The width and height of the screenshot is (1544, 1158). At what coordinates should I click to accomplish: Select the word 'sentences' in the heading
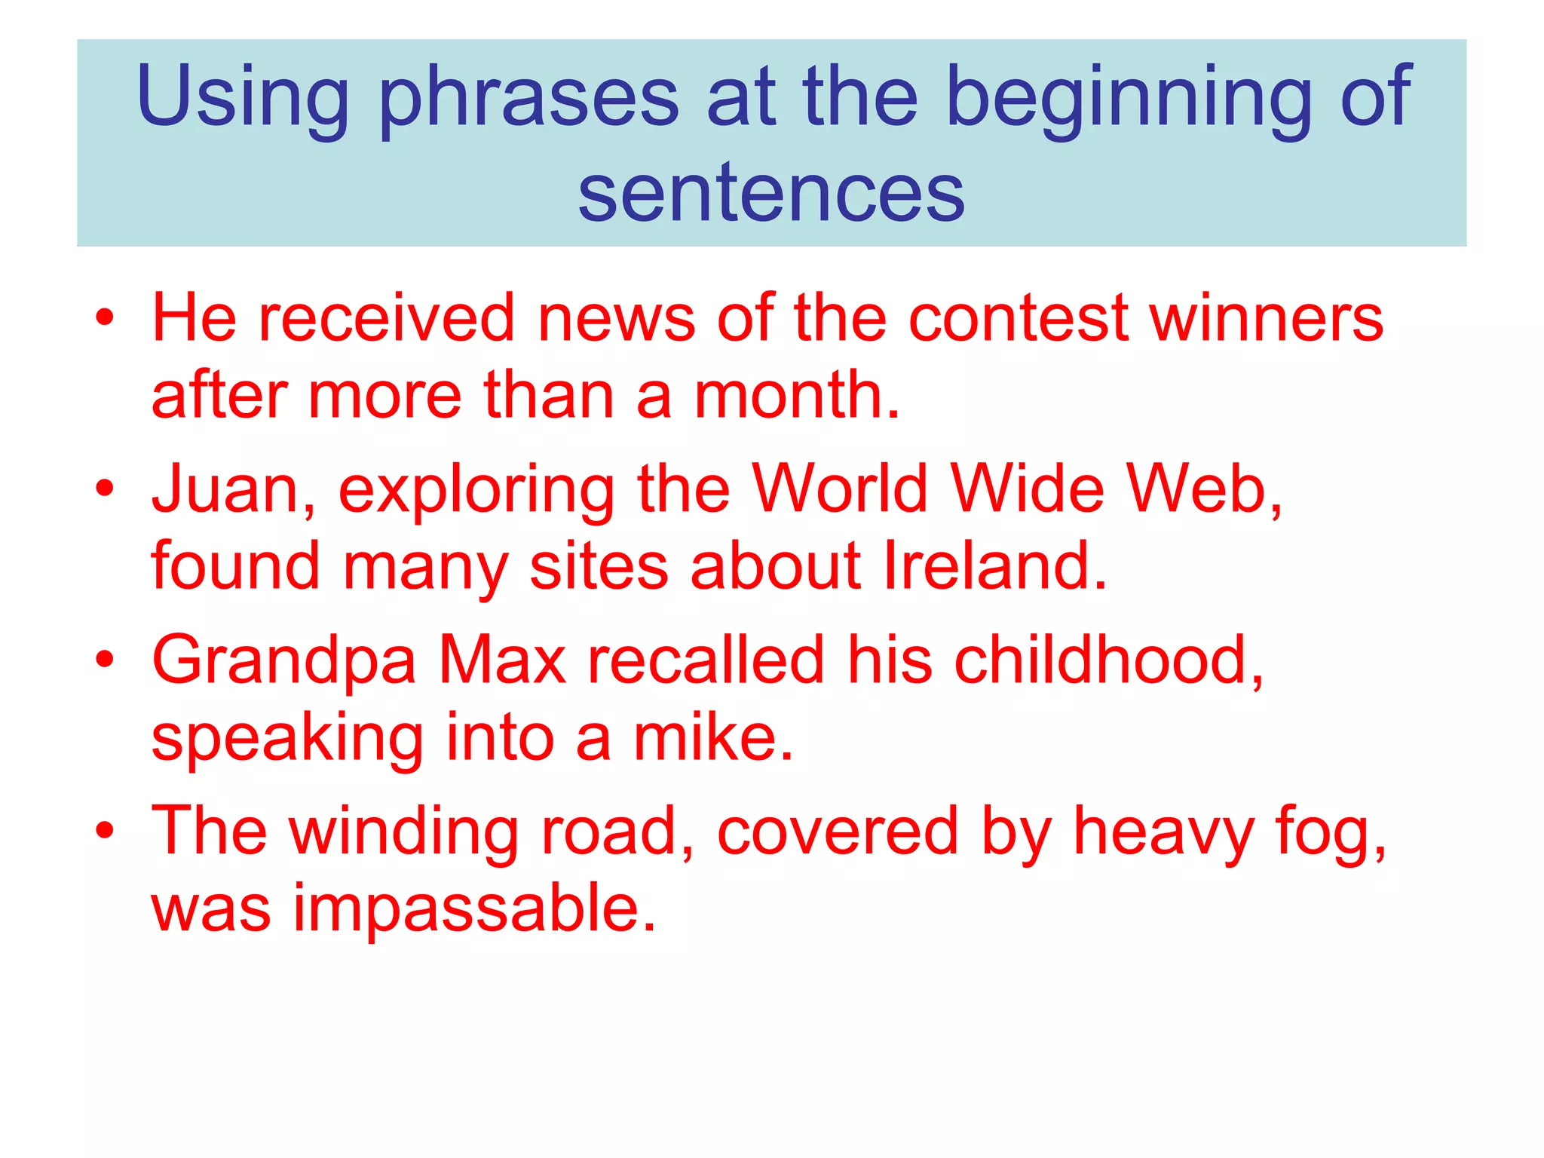tap(771, 194)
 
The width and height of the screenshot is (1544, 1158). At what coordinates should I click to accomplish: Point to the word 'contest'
tap(1019, 318)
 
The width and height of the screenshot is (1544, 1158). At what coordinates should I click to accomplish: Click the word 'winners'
tap(1267, 318)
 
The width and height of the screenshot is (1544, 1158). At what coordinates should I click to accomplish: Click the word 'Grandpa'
tap(283, 662)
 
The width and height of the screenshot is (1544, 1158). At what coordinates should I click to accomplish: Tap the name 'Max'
tap(502, 660)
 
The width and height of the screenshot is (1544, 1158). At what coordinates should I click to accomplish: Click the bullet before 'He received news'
tap(105, 317)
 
